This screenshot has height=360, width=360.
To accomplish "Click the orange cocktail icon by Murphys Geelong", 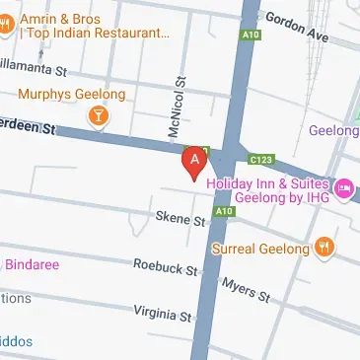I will [x=99, y=119].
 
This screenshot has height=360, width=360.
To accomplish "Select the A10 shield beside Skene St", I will [x=225, y=211].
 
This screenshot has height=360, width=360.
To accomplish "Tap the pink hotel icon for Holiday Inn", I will [x=343, y=188].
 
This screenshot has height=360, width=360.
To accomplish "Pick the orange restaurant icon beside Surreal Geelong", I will [x=325, y=247].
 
